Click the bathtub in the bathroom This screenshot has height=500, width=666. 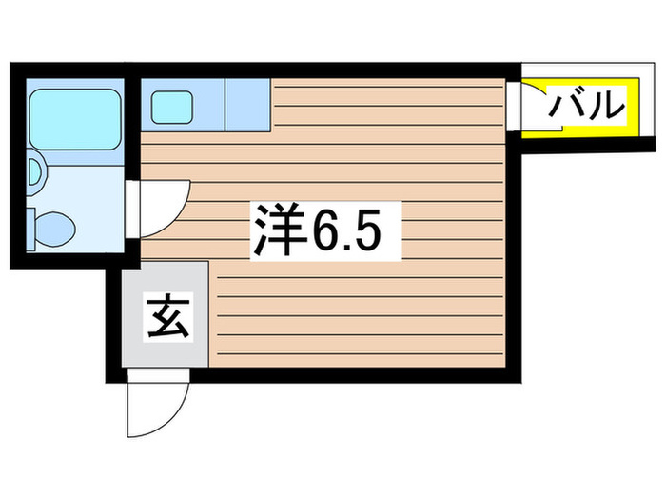pos(75,119)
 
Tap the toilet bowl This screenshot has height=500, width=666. pos(54,230)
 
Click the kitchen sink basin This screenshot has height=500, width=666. pos(172,108)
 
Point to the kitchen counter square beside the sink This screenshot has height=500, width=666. pos(247,105)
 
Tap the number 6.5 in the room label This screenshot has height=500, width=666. pos(346,230)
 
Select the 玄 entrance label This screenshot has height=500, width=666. pos(168,317)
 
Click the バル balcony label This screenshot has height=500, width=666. pos(587,105)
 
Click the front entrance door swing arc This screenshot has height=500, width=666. pos(175,419)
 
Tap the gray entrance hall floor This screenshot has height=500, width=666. pos(166,313)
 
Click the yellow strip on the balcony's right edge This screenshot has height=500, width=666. pos(634,108)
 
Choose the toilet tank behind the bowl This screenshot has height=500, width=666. pos(30,230)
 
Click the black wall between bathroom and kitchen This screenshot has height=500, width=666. pos(132,127)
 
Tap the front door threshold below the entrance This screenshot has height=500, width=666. pos(159,374)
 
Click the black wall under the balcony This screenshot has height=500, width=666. pos(588,146)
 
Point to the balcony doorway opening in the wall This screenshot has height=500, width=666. pos(514,106)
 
